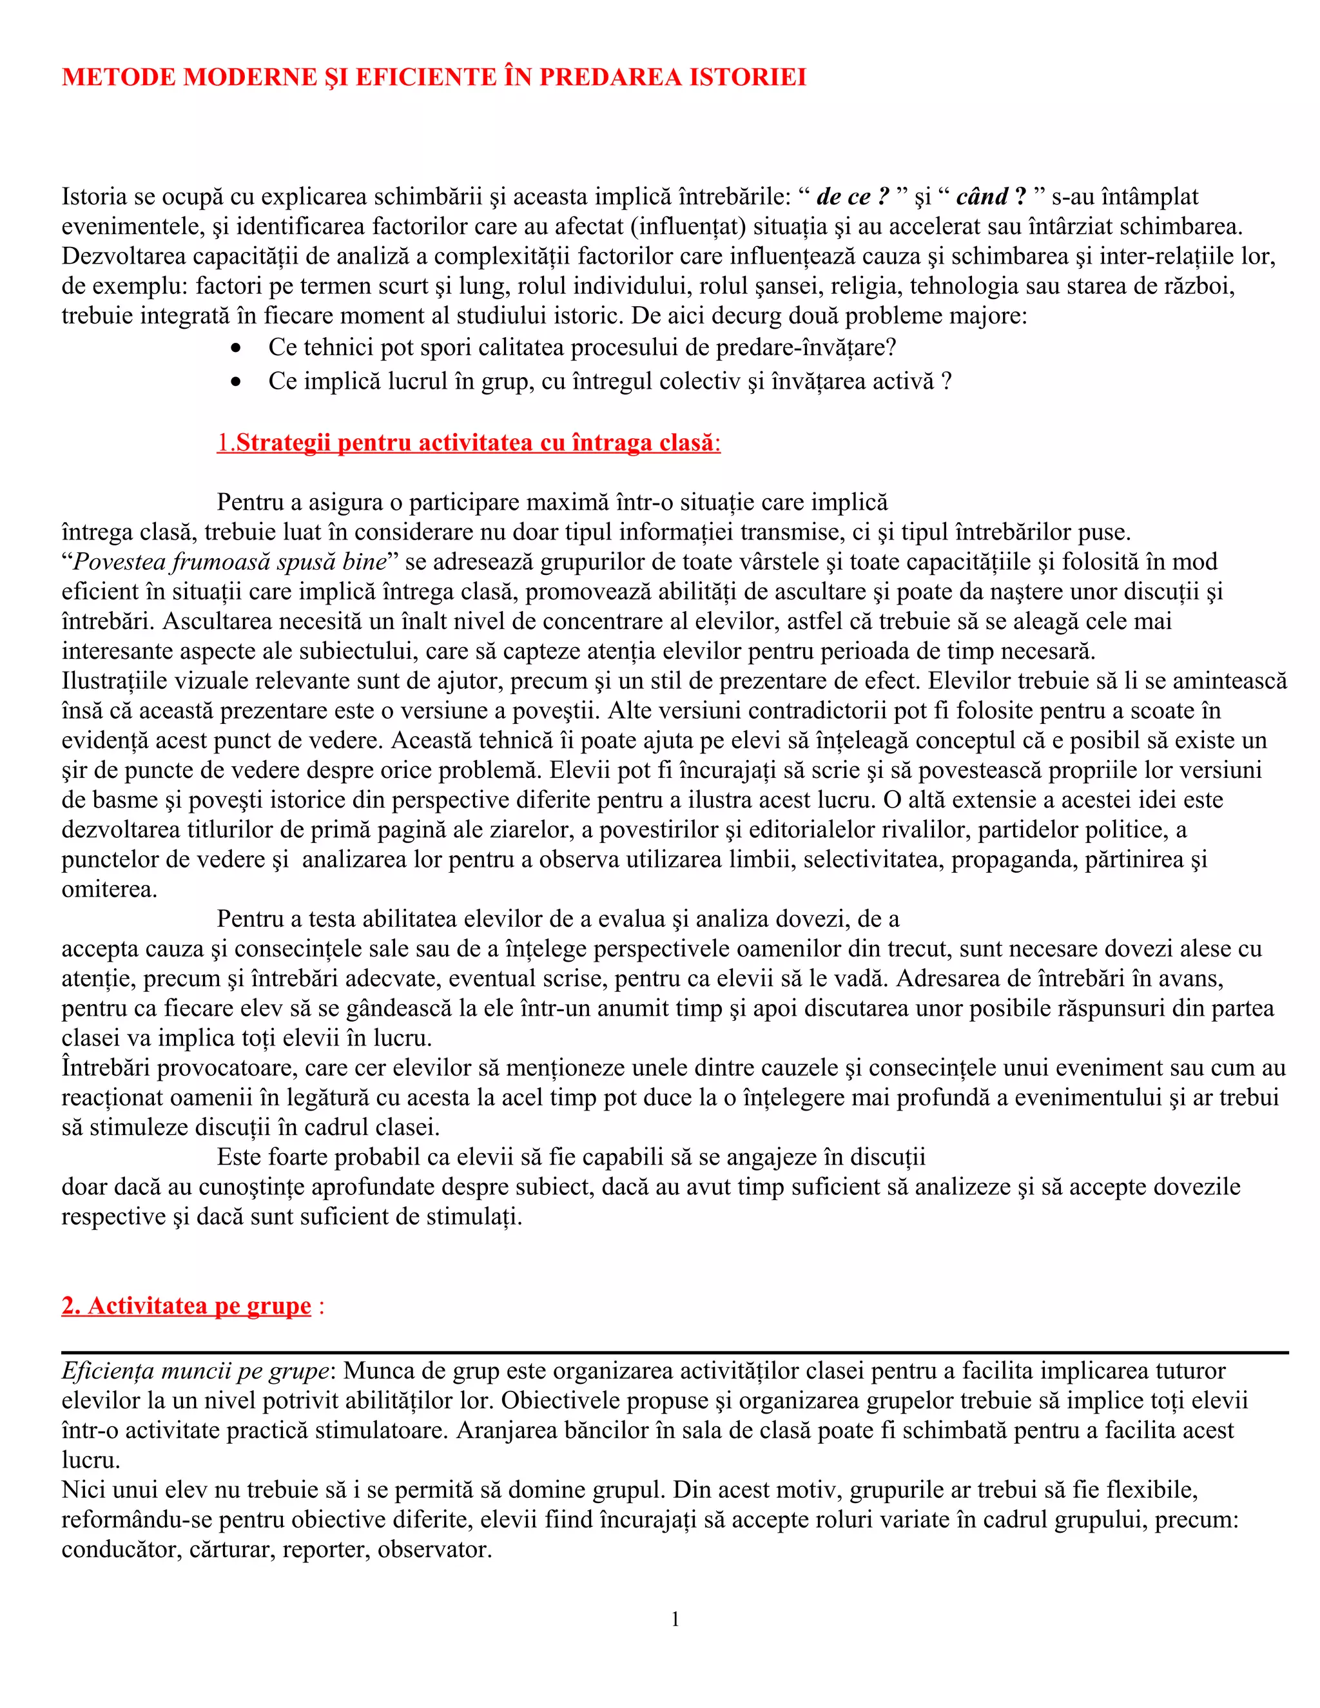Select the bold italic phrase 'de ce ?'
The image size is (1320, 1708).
click(x=852, y=197)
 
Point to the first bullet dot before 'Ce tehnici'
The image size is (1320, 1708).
click(x=235, y=347)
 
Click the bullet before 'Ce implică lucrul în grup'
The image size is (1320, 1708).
click(x=235, y=382)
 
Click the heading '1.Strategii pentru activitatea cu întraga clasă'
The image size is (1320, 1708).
click(x=468, y=443)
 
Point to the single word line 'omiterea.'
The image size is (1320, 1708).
click(x=110, y=889)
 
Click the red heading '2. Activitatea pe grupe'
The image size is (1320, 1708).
click(x=186, y=1306)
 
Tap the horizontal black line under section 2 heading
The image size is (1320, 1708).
click(x=674, y=1352)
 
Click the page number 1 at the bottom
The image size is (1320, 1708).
click(x=675, y=1619)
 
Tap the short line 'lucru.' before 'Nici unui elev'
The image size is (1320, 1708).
click(x=91, y=1460)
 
